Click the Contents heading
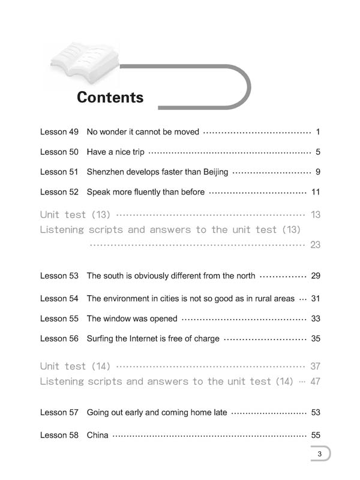[110, 97]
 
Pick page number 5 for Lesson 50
[317, 152]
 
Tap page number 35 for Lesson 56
[316, 339]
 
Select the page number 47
[316, 382]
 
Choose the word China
[98, 435]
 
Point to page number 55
[316, 435]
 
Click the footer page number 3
[320, 454]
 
